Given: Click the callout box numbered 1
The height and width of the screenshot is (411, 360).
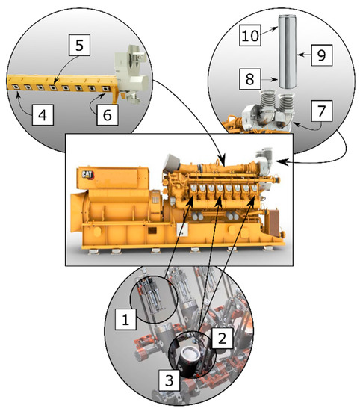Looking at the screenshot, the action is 125,319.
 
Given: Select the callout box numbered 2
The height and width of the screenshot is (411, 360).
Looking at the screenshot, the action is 222,338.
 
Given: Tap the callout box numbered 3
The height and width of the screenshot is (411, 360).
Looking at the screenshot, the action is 170,380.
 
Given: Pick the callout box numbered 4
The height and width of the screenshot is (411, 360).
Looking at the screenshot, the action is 43,115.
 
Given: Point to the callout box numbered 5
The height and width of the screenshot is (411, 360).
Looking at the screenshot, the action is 79,45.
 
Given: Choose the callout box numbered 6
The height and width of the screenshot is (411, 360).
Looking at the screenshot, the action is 107,115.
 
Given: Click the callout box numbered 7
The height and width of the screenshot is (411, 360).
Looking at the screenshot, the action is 322,111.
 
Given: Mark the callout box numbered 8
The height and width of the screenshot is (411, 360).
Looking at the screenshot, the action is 250,79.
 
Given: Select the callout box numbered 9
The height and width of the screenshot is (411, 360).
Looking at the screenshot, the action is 322,55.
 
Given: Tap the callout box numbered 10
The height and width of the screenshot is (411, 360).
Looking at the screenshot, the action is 250,35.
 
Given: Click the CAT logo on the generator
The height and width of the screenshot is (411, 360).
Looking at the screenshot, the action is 87,174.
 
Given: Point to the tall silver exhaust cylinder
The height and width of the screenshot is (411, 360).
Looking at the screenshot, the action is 287,52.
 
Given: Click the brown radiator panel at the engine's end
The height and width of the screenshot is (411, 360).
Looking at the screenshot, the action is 273,223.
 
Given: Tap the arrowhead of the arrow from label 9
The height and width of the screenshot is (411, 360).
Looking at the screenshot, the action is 299,55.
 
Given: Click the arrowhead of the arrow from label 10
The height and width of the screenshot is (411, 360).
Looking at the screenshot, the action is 275,28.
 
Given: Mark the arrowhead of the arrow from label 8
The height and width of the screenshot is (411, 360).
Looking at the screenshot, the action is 275,79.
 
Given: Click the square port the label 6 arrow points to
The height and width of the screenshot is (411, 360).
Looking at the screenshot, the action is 105,89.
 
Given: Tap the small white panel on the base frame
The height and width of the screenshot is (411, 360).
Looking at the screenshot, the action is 182,230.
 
